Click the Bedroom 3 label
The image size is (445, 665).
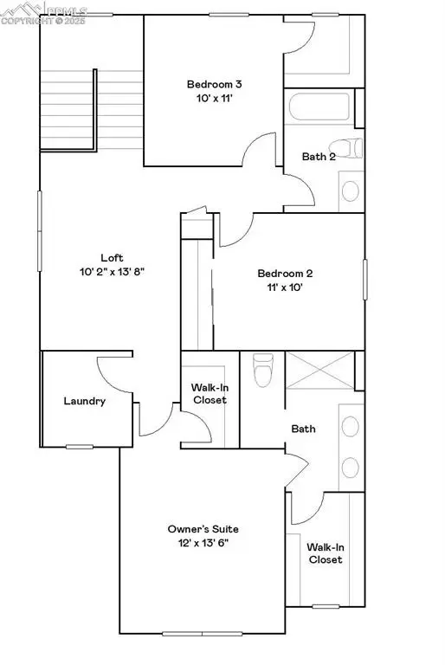point(213,84)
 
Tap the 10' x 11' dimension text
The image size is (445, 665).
point(213,99)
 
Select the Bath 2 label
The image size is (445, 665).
point(318,157)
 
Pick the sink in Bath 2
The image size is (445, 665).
point(351,190)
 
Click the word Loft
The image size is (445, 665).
point(112,257)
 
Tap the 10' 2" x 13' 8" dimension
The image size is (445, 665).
point(112,271)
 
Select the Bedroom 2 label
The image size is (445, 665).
point(285,274)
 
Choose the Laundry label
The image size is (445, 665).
point(85,401)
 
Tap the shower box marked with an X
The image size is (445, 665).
point(319,372)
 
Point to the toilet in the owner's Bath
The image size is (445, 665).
point(261,371)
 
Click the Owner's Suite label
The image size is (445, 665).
point(203,528)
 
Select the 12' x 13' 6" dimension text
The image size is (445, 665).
point(203,543)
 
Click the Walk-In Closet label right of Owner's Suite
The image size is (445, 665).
point(326,552)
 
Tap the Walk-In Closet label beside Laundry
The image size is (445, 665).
point(209,394)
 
